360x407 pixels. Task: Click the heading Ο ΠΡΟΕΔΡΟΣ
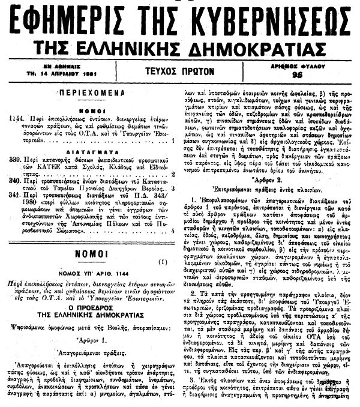(x=91, y=315)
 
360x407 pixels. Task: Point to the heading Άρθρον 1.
(x=91, y=351)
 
